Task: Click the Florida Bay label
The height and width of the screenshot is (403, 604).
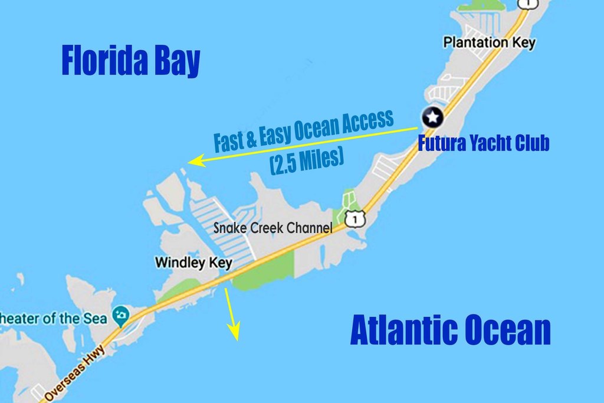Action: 131,61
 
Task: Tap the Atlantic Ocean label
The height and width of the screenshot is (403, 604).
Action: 450,330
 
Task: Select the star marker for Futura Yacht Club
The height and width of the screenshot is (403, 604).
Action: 433,117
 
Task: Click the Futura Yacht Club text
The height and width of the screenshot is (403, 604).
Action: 484,143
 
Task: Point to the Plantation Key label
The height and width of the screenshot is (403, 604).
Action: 489,42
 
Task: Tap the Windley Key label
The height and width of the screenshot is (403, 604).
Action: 193,263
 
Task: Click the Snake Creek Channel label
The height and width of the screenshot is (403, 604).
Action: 273,228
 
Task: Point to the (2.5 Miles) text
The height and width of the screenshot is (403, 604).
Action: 307,162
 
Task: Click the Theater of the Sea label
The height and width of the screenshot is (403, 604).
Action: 53,318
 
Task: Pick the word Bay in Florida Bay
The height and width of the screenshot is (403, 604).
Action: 178,61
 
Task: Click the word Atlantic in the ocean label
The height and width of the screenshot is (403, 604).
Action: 401,330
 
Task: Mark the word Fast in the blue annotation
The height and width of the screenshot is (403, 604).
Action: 228,142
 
